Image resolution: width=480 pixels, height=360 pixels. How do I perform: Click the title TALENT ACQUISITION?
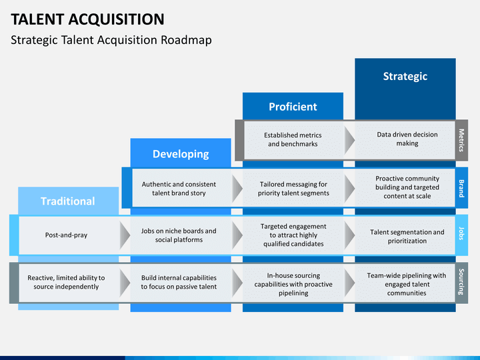pos(87,19)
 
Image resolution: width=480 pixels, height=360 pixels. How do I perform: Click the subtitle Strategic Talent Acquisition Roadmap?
pos(111,40)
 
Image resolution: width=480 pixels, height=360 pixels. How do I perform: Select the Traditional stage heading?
pos(68,201)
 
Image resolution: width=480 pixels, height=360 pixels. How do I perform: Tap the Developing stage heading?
pos(181,154)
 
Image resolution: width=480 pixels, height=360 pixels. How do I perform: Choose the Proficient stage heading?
pos(293,107)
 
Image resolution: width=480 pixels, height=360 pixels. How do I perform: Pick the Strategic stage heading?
pos(405,76)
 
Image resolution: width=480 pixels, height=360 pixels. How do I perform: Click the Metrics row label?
pos(461,140)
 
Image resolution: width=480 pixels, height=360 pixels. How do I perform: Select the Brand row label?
pos(461,188)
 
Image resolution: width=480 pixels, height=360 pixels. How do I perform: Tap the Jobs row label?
pos(461,233)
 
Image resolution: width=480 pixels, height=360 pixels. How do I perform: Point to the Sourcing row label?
pos(461,282)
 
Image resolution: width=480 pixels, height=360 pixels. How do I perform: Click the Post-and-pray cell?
pos(66,235)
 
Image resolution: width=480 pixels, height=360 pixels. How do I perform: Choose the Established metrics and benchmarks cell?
pos(293,139)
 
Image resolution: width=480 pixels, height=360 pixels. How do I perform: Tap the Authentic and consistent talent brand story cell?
pos(179,189)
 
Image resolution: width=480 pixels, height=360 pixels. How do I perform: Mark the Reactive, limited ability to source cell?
pos(66,282)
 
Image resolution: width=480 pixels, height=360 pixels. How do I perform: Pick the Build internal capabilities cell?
pos(179,282)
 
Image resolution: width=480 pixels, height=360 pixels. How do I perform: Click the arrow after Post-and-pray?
pos(125,235)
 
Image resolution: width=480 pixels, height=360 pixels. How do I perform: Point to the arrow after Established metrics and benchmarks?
pos(349,141)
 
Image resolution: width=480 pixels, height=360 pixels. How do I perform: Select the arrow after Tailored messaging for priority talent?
pos(349,189)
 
